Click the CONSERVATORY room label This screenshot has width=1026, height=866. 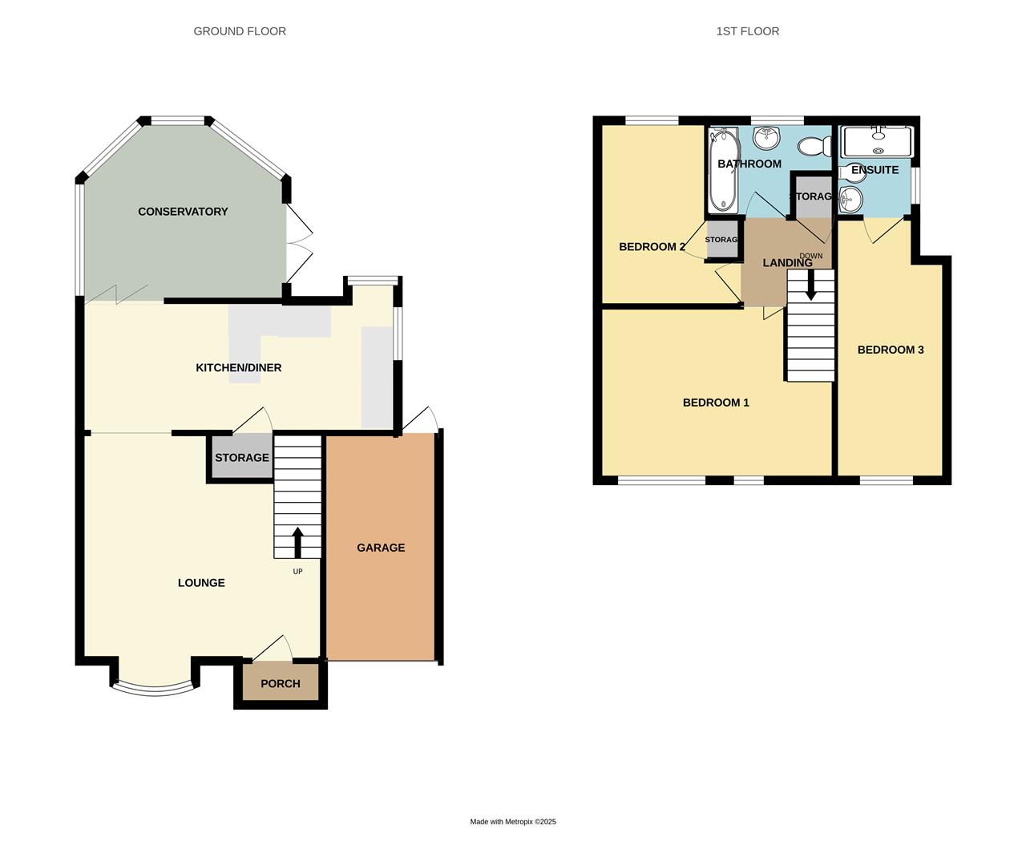(x=183, y=212)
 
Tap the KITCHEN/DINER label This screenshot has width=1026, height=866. (x=239, y=368)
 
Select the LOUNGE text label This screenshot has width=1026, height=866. (x=201, y=583)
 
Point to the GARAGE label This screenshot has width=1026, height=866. (x=381, y=548)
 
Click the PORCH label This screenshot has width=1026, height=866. (x=281, y=684)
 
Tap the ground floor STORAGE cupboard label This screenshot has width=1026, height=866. (x=241, y=458)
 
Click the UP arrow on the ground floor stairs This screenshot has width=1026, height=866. (x=297, y=542)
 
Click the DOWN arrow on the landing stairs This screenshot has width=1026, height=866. (x=810, y=285)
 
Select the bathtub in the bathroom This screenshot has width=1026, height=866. (x=722, y=171)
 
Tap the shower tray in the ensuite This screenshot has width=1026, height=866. (x=877, y=141)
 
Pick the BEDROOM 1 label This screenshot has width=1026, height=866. (x=716, y=403)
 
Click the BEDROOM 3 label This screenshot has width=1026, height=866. (x=891, y=350)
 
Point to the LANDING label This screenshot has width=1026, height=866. (x=787, y=263)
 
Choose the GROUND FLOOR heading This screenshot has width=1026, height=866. (x=240, y=31)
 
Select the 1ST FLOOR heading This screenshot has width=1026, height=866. (x=747, y=31)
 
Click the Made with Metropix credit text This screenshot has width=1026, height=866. (x=513, y=822)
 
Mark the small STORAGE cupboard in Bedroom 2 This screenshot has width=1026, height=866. (x=721, y=240)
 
